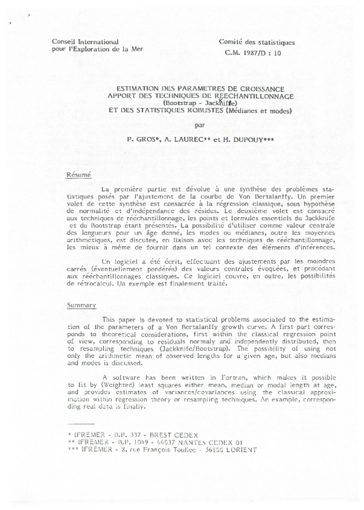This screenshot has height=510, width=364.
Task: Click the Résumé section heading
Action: click(x=78, y=176)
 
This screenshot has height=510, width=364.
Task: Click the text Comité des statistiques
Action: click(x=257, y=42)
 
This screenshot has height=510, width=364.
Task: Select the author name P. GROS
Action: click(x=141, y=140)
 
